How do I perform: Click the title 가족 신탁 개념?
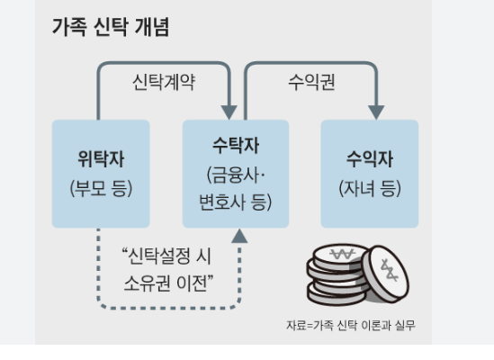point(111,27)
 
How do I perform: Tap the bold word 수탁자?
point(236,144)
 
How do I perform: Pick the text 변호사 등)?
point(236,196)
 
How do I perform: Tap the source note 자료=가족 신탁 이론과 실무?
point(351,325)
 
